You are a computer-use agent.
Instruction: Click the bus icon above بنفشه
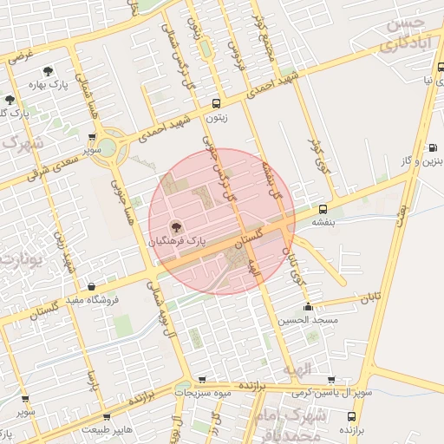tap(323, 209)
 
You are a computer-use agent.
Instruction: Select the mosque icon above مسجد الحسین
tap(308, 306)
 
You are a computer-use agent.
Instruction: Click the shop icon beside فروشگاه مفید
tap(91, 286)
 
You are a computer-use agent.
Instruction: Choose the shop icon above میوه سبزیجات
tap(201, 380)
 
